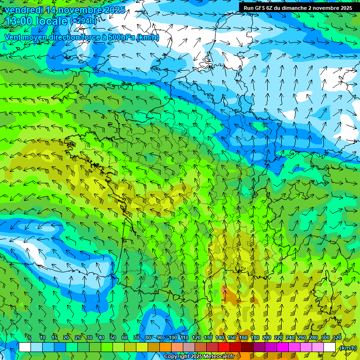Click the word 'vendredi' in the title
coord(23,10)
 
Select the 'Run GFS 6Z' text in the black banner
coord(258,8)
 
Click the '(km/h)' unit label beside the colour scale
coord(348,348)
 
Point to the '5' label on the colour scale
coord(30,337)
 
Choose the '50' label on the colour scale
coord(113,337)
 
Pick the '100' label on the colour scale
coord(173,337)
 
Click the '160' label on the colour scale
coord(243,337)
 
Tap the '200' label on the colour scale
coord(267,337)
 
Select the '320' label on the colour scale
coord(337,337)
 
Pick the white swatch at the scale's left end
coord(25,347)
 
